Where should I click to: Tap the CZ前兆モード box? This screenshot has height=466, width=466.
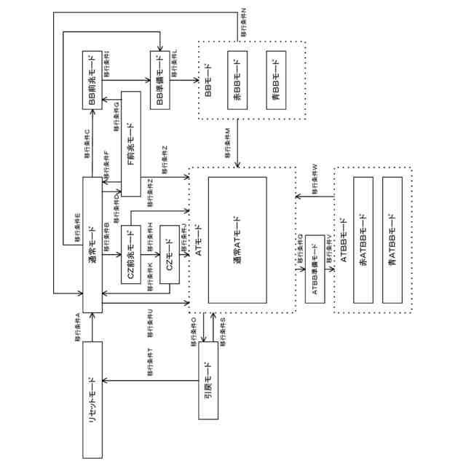point(131,255)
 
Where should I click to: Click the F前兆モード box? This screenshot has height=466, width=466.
point(131,144)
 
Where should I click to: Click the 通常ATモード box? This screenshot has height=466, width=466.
point(237,240)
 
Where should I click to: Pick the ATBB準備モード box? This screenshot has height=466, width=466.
point(315,269)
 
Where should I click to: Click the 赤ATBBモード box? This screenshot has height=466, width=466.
point(363,240)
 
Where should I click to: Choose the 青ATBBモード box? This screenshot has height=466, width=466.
point(392,240)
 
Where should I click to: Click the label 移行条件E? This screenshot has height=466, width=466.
point(78,227)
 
